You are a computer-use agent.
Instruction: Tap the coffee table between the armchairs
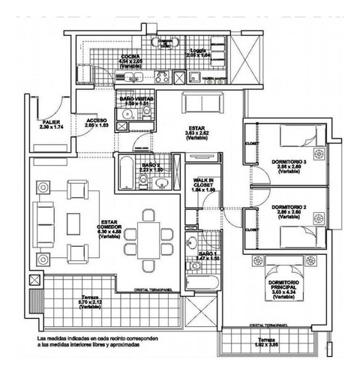(73, 223)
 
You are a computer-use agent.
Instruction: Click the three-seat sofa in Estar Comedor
(40, 223)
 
